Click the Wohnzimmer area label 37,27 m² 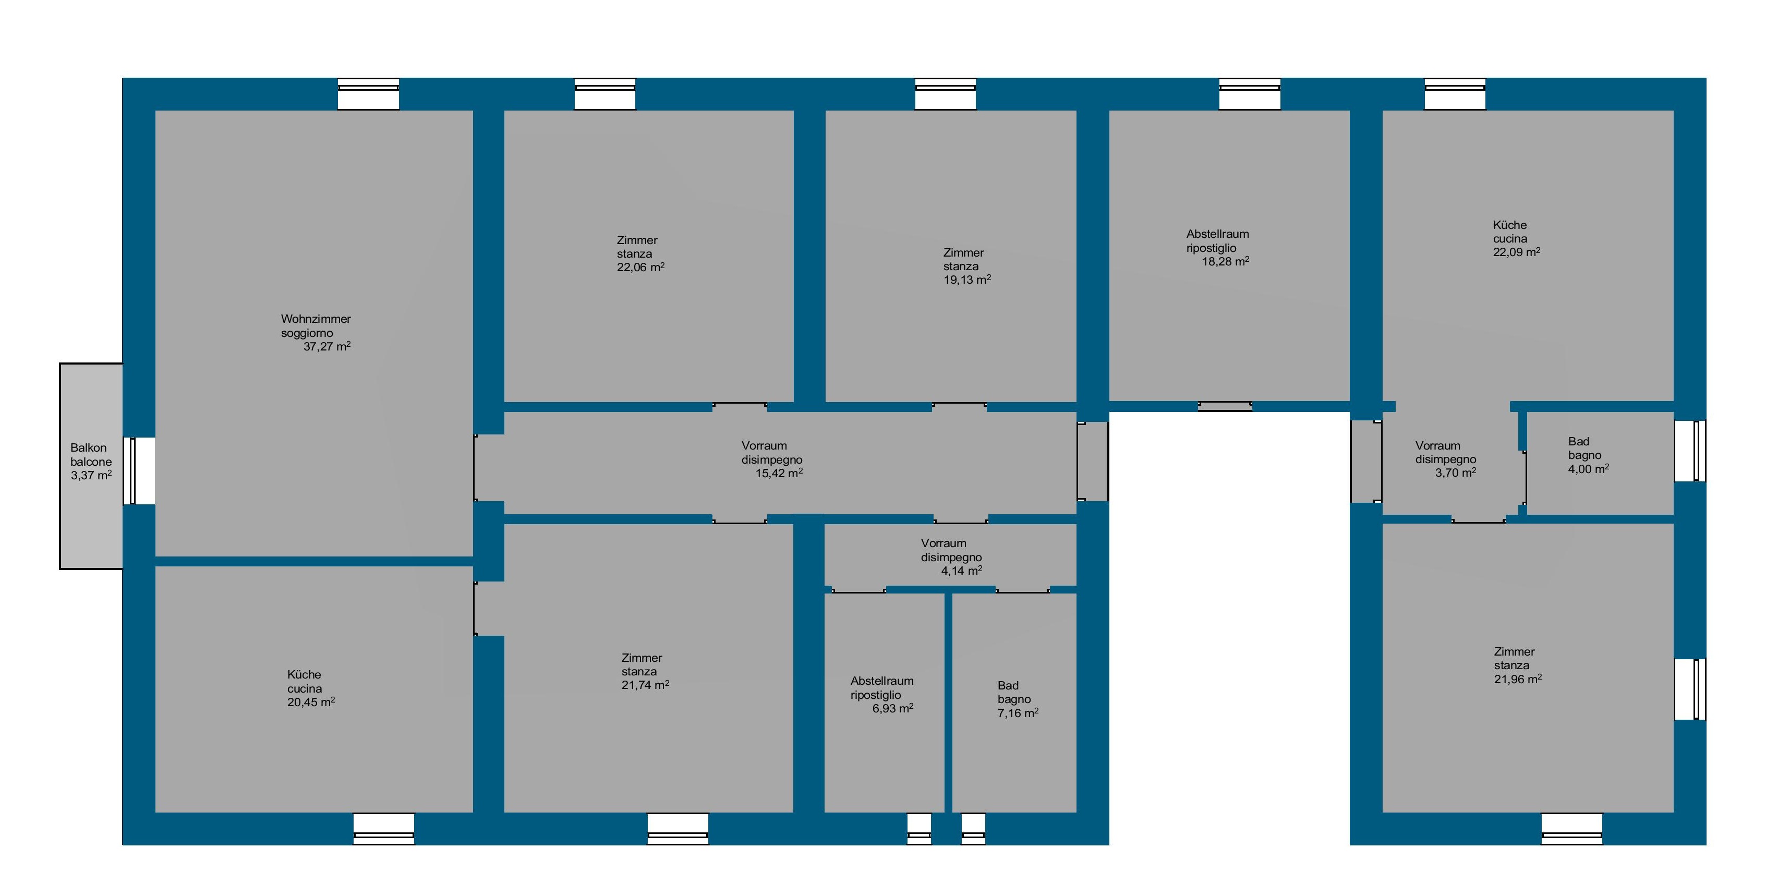click(327, 346)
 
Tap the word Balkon click(89, 447)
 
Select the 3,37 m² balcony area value click(91, 475)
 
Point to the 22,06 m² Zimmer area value click(640, 267)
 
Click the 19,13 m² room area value click(967, 280)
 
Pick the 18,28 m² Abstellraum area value click(1225, 261)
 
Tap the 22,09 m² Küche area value click(1517, 251)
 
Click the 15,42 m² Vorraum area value click(779, 473)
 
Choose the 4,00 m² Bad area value click(1589, 469)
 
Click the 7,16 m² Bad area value click(1018, 713)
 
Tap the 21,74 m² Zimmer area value click(645, 685)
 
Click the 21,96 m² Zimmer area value click(1518, 679)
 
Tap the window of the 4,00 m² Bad click(1690, 451)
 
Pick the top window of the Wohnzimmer click(368, 94)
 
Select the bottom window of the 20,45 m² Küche click(384, 829)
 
